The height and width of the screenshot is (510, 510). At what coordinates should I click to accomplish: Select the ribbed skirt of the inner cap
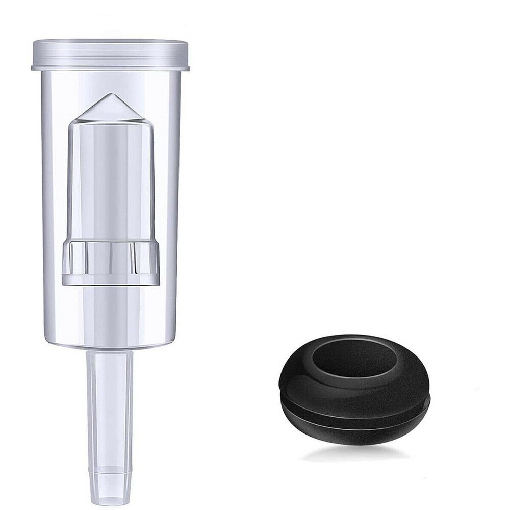[111, 263]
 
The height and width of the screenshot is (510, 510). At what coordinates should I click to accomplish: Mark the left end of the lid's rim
[33, 67]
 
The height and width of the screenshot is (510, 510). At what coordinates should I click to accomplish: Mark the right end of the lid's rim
[188, 67]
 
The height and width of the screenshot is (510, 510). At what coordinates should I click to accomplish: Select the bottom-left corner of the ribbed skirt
[63, 283]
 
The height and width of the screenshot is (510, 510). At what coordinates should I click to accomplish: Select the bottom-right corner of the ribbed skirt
[159, 283]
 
